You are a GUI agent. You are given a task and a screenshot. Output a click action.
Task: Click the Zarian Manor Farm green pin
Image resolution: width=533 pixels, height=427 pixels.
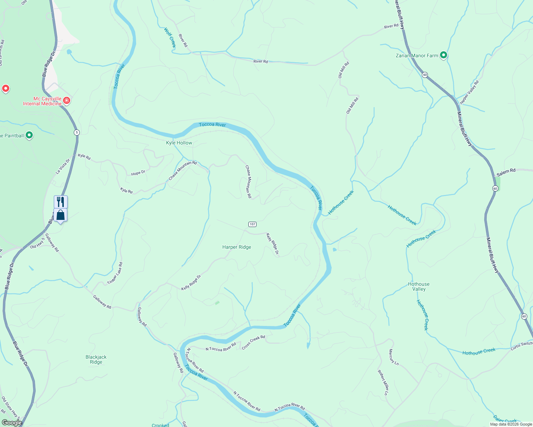[x=443, y=55]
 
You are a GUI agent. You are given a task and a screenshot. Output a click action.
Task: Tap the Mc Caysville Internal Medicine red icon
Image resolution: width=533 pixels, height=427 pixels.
[x=66, y=101]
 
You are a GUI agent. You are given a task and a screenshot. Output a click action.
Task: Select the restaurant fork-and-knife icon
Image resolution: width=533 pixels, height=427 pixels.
[x=61, y=202]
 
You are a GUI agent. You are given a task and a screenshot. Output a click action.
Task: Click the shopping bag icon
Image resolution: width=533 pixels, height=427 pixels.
[x=61, y=215]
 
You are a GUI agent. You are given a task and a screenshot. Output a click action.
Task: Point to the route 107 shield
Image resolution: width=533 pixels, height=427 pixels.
[x=252, y=224]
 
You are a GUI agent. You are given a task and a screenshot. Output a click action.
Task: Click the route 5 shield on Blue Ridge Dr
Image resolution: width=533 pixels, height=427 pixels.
[x=77, y=132]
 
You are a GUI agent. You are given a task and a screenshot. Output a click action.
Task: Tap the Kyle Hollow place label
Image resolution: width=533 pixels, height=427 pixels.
[x=179, y=143]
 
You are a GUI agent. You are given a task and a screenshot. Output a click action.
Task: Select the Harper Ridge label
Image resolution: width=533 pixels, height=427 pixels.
[x=237, y=247]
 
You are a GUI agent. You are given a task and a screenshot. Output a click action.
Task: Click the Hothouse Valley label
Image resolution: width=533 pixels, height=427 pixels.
[x=419, y=286]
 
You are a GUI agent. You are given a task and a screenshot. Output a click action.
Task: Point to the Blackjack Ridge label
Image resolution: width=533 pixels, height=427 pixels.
[x=96, y=359]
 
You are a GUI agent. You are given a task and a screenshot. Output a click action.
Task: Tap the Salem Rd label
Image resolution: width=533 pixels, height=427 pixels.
[x=506, y=172]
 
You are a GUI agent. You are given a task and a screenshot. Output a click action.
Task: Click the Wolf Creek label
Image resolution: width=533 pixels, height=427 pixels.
[x=170, y=38]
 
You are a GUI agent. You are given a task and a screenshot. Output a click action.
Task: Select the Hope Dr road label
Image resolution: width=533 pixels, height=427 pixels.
[x=138, y=173]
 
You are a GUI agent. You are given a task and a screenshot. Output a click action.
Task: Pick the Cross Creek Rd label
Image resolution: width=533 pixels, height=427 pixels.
[x=253, y=342]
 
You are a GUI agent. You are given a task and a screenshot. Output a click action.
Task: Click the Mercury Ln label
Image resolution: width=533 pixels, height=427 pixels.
[x=394, y=357]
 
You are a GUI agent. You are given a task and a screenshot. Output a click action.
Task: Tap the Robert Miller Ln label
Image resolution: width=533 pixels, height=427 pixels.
[x=383, y=383]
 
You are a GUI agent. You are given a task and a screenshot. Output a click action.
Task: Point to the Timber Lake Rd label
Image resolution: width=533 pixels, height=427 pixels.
[x=115, y=273]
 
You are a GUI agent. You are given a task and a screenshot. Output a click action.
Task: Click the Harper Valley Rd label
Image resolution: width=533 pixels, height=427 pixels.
[x=469, y=92]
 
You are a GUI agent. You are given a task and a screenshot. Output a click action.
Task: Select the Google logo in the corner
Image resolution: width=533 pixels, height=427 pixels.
[x=12, y=423]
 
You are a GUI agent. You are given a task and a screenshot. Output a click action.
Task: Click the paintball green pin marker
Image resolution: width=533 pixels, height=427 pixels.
[x=29, y=135]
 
